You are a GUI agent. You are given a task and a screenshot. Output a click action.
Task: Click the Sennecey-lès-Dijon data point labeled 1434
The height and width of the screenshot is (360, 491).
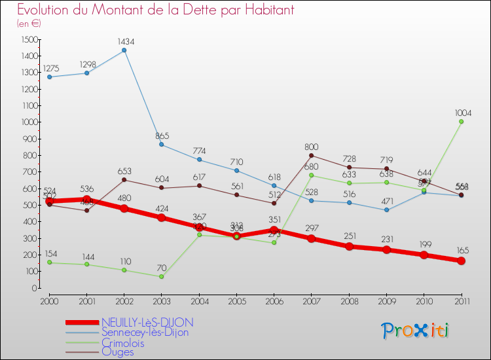tap(124, 50)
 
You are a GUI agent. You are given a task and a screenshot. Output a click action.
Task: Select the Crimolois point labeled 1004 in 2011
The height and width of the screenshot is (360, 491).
tap(462, 121)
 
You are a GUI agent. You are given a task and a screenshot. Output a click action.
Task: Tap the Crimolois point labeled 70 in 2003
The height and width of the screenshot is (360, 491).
tap(162, 276)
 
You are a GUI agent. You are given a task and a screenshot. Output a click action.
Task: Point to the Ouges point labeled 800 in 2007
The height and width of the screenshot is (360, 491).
tap(312, 155)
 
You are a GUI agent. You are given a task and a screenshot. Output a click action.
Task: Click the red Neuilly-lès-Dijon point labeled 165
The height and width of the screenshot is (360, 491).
tap(462, 261)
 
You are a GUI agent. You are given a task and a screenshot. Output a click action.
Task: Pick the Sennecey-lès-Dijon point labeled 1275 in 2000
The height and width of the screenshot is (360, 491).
tap(49, 77)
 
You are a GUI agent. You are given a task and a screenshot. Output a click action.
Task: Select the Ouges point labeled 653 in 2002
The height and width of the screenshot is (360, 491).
tap(124, 179)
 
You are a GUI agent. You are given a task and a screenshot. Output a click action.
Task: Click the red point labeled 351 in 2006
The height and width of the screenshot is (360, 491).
tap(274, 230)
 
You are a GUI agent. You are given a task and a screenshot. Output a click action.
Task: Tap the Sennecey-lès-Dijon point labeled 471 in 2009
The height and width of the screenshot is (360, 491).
tap(386, 209)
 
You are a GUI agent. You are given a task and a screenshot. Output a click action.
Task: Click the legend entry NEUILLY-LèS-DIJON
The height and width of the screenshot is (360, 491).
tap(147, 323)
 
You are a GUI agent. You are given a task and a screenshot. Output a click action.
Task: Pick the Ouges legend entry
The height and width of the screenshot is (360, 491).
tap(118, 352)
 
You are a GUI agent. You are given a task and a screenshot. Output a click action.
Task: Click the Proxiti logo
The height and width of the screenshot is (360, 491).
tap(416, 331)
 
